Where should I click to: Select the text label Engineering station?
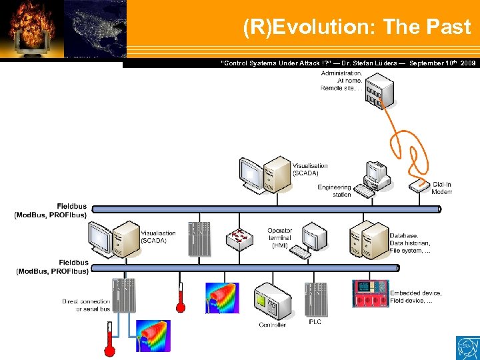point(334,191)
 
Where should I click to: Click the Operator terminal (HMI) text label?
point(280,238)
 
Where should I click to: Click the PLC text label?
point(315,322)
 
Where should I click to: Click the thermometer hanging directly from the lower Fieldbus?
point(180,297)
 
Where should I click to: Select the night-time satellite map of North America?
point(95,30)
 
